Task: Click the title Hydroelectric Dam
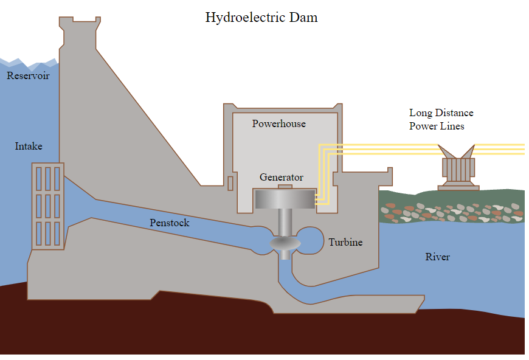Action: pos(261,17)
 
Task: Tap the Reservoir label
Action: pos(28,76)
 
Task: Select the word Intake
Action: pos(29,146)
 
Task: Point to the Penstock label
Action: pos(169,223)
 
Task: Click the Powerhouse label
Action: pos(278,124)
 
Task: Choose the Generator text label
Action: pos(281,178)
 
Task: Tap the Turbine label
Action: pos(345,242)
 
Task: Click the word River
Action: pos(437,257)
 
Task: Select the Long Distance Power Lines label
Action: pos(441,120)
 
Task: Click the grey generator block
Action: pos(285,199)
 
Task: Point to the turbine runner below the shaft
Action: pos(285,244)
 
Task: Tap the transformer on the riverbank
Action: pos(458,170)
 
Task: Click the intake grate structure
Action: pos(48,207)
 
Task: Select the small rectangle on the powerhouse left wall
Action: pos(230,182)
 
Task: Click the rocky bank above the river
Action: pos(450,210)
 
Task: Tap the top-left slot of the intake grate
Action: pos(39,179)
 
